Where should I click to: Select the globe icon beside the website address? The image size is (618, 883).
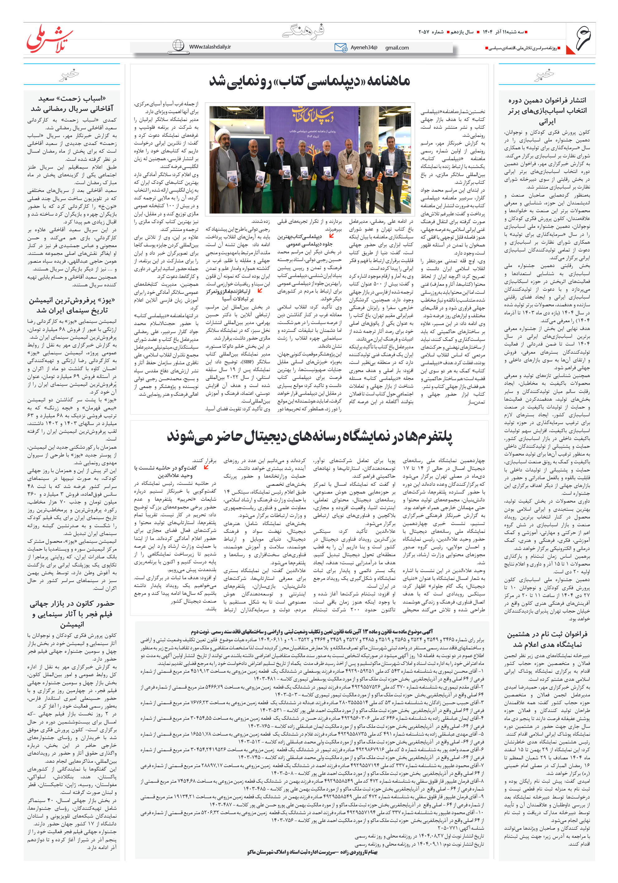178,45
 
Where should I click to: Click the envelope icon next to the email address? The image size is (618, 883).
340,47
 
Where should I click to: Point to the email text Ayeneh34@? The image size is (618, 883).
364,48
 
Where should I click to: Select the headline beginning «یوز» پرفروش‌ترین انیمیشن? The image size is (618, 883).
72,305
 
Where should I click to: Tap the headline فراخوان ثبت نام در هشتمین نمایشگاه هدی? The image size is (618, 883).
547,639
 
